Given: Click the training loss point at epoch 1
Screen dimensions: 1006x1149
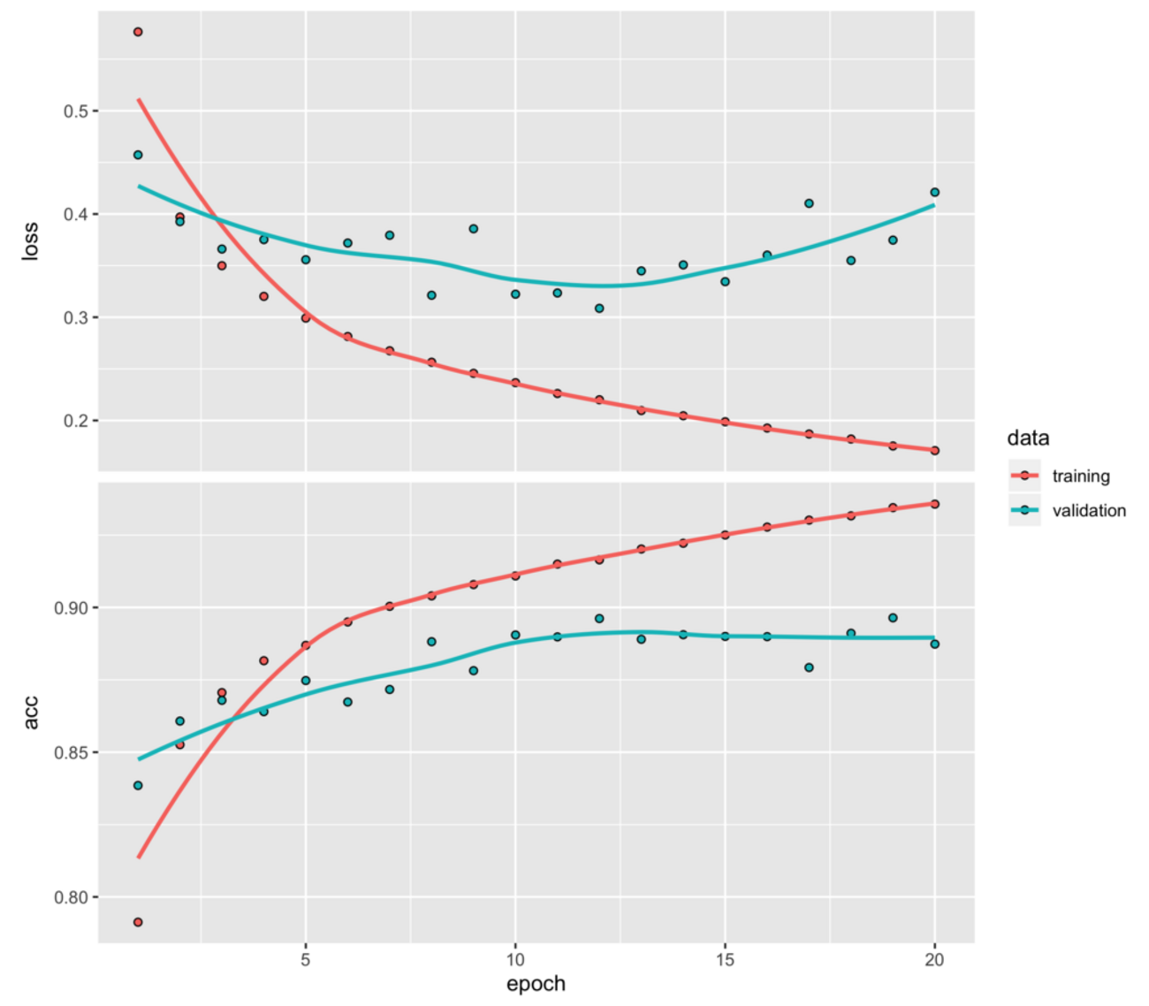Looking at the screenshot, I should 138,32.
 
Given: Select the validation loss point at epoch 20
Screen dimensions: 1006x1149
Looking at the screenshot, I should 934,193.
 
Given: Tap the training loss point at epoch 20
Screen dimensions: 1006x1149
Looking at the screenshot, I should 934,451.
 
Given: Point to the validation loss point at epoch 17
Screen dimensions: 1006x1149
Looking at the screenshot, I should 809,203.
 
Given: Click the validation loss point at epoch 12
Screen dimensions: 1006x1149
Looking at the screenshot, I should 599,309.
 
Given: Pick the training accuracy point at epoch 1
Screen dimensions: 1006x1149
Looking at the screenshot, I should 138,922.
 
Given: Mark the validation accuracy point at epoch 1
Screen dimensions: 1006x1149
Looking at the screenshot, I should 138,785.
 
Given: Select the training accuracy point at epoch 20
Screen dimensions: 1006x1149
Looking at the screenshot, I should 934,504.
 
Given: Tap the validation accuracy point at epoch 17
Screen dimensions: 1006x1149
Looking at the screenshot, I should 809,667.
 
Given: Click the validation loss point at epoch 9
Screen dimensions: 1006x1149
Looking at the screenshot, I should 474,229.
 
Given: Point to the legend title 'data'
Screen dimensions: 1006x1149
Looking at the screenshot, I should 1028,438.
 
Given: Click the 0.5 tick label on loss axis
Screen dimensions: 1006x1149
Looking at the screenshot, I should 75,111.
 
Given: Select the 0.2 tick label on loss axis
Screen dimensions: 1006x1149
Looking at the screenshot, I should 75,421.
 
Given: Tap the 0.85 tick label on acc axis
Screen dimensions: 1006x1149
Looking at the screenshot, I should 71,753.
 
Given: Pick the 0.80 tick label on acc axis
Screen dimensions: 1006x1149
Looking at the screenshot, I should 71,897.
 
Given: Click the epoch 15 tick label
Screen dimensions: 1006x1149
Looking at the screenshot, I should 725,961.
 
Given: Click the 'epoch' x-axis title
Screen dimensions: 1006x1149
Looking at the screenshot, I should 536,984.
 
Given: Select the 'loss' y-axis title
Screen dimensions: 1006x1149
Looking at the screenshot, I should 31,240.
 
